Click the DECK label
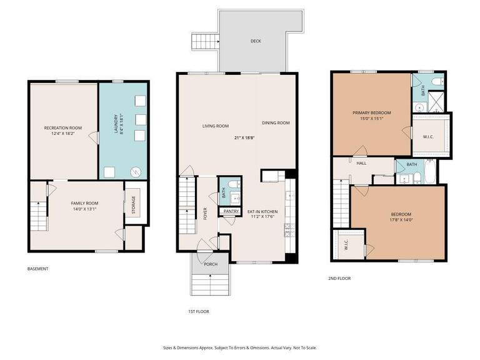coord(256,42)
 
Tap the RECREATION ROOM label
coord(62,128)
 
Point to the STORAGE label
coord(133,204)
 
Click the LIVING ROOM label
coord(215,126)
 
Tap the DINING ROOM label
coord(276,123)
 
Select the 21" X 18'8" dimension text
coord(246,137)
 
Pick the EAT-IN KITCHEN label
coord(262,212)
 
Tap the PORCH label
coord(211,264)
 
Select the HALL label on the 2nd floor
coord(361,164)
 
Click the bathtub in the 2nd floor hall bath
coord(431,172)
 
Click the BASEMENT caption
coord(37,269)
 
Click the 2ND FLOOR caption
coord(339,278)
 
